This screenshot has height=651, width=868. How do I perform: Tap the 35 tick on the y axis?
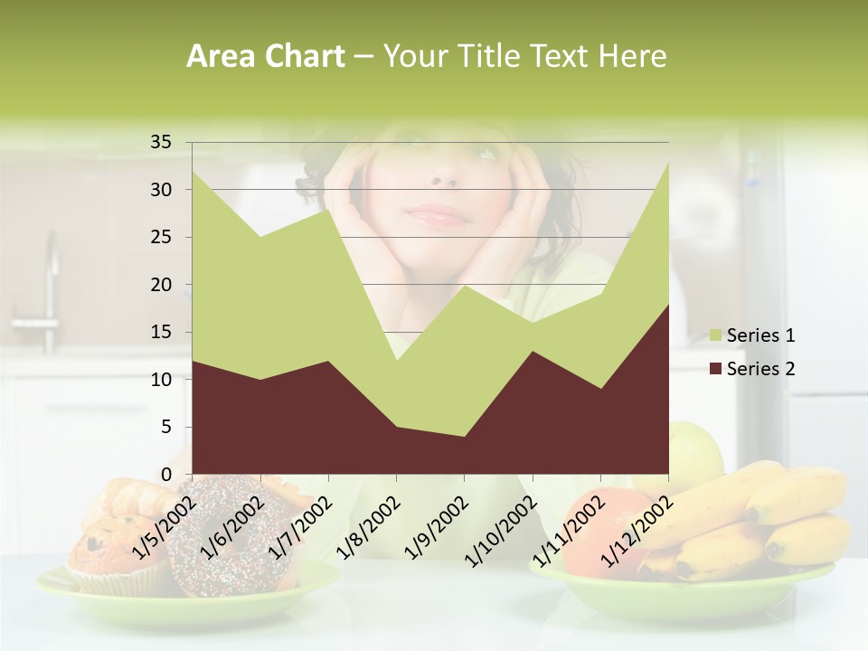[x=161, y=142]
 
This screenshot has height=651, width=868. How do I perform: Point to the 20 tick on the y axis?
[x=161, y=285]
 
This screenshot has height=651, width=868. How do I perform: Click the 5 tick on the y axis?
[x=165, y=427]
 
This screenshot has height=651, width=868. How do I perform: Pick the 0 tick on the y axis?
[x=165, y=475]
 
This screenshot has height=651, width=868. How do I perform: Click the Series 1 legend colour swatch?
[x=716, y=336]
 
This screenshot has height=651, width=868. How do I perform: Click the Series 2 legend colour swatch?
[x=716, y=369]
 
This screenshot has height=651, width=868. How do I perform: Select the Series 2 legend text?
[x=760, y=369]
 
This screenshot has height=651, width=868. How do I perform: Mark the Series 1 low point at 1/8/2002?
[x=396, y=361]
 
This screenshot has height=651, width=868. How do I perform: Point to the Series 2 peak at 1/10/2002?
[x=533, y=352]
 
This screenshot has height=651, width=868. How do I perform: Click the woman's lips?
[x=438, y=214]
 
